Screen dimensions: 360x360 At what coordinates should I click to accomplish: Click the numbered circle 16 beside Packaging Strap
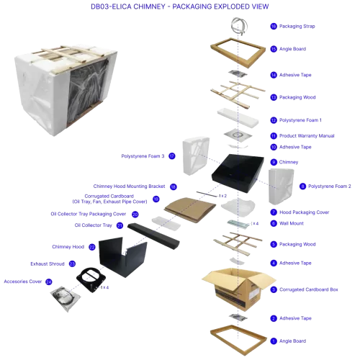tap(274, 26)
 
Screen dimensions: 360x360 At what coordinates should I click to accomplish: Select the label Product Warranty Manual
tap(307, 136)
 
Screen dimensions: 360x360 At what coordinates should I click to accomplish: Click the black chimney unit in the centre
tap(238, 173)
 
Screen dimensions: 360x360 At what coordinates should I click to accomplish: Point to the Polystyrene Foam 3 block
tap(196, 156)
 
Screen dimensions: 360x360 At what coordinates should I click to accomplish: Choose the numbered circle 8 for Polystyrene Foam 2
tap(303, 186)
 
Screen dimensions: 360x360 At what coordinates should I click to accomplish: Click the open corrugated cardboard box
tap(239, 289)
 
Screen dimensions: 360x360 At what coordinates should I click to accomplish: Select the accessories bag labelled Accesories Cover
tap(65, 298)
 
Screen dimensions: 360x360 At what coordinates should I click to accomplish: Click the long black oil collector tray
tap(153, 236)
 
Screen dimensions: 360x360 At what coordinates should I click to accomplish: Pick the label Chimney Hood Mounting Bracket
tap(129, 186)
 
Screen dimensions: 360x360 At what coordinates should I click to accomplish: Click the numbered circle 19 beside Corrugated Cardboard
tap(156, 199)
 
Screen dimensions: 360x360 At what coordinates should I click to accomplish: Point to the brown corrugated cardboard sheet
tap(190, 210)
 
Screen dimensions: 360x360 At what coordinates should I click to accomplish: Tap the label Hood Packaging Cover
tap(305, 212)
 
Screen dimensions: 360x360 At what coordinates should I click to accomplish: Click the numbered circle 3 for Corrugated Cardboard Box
tap(274, 289)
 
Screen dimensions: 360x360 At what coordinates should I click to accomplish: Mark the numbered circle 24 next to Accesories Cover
tap(49, 282)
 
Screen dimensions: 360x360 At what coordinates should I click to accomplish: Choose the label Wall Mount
tap(292, 223)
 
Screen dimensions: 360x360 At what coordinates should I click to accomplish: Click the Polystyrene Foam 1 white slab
tap(238, 118)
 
